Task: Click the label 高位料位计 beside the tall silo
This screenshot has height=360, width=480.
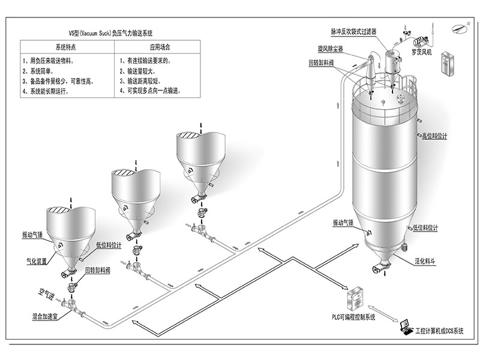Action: pyautogui.click(x=434, y=136)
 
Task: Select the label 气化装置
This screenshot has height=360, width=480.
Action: pyautogui.click(x=37, y=261)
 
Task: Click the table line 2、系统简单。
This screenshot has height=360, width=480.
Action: pyautogui.click(x=42, y=70)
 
